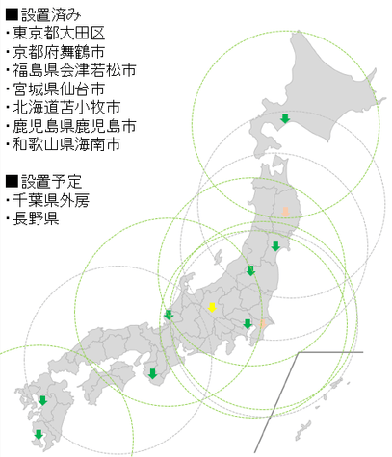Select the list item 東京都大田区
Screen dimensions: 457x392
click(x=59, y=35)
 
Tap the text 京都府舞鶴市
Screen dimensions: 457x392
click(x=59, y=53)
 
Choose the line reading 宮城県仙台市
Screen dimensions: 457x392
click(x=59, y=89)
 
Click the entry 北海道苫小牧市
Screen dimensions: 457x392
click(x=65, y=108)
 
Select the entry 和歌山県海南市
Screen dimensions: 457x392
click(x=65, y=144)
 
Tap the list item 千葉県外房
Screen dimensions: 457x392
click(x=52, y=200)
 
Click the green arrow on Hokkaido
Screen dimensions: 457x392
click(x=285, y=118)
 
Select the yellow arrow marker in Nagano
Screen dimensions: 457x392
click(x=213, y=307)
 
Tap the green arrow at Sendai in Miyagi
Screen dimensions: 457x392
click(x=275, y=246)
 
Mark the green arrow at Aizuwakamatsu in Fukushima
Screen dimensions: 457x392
click(x=250, y=270)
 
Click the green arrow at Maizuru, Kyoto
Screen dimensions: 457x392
click(x=169, y=314)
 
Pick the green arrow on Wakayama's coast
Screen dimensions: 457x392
click(x=152, y=373)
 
